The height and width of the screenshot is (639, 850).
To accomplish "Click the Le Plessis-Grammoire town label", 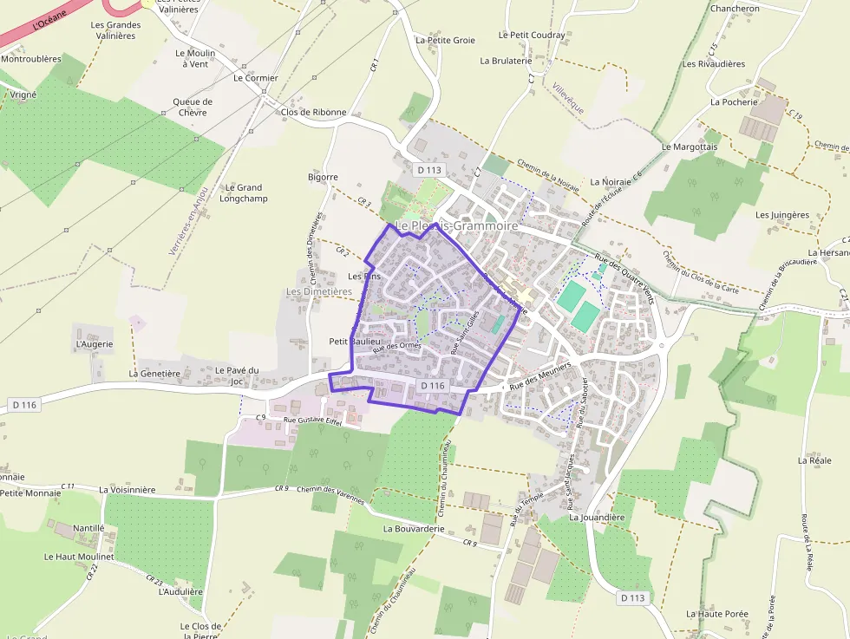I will click(x=456, y=225).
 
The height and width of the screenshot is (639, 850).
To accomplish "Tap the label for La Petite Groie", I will click(x=445, y=40).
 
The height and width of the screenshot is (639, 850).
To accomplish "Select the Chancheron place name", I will click(x=735, y=9).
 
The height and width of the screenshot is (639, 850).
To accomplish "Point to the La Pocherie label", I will click(x=734, y=101).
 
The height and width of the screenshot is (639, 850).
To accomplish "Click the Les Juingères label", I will click(x=781, y=214).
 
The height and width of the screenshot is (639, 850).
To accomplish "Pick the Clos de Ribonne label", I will click(x=314, y=112).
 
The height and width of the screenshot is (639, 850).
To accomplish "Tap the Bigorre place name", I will click(x=323, y=177).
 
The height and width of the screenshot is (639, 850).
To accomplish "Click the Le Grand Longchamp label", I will click(x=243, y=192).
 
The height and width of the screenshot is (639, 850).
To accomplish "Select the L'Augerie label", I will click(x=95, y=344).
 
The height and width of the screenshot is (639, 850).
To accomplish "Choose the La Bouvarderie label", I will click(x=414, y=528).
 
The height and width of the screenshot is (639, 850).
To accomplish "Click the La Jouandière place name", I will click(x=597, y=517).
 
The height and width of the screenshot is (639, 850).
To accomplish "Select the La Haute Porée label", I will click(x=716, y=614).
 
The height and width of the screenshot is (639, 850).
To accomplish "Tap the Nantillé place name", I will click(x=88, y=527).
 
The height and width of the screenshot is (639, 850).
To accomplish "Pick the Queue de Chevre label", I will click(x=193, y=107).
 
